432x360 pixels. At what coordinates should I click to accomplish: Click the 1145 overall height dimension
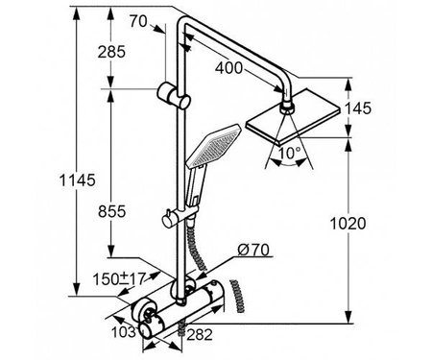click(78, 180)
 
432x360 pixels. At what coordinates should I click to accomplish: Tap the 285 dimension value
click(111, 52)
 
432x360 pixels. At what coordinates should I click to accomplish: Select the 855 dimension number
click(112, 211)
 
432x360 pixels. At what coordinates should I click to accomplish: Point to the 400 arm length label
click(228, 68)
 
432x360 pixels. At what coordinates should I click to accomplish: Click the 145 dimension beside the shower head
click(358, 108)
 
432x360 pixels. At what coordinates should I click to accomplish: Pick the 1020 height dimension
click(348, 224)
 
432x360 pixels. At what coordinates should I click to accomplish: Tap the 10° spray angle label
click(289, 153)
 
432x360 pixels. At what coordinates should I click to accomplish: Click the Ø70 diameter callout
click(253, 250)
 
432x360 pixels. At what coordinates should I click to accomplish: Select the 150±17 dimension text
click(119, 278)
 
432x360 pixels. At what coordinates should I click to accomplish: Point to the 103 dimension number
click(124, 332)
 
